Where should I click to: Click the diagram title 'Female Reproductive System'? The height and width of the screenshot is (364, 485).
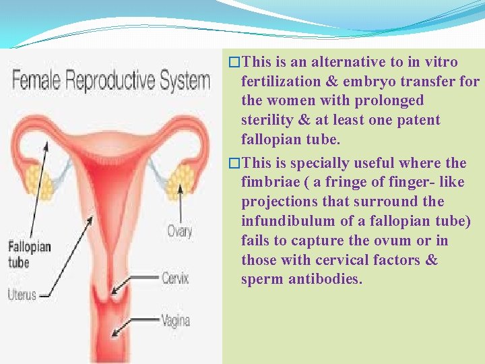(111, 82)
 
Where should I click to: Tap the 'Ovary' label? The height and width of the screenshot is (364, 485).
(180, 231)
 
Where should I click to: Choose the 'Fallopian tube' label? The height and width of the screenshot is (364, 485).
(29, 254)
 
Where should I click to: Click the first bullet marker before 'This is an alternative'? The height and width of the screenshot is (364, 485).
(234, 63)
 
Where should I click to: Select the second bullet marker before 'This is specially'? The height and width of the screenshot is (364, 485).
(234, 163)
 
